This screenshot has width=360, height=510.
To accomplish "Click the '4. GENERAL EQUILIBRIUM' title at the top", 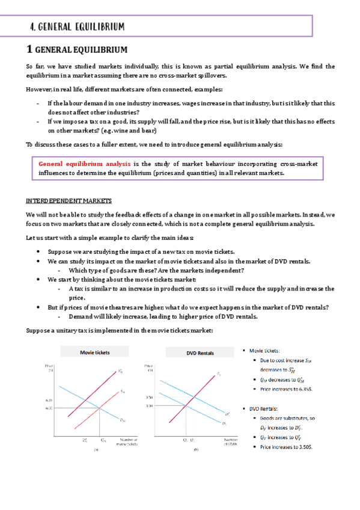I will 78,26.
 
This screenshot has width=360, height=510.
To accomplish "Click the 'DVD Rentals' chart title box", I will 197,352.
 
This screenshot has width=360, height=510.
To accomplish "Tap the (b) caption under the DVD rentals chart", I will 197,449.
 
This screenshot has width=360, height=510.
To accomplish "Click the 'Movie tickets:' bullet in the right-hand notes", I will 265,351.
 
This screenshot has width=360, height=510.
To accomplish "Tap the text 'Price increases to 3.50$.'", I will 285,447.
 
